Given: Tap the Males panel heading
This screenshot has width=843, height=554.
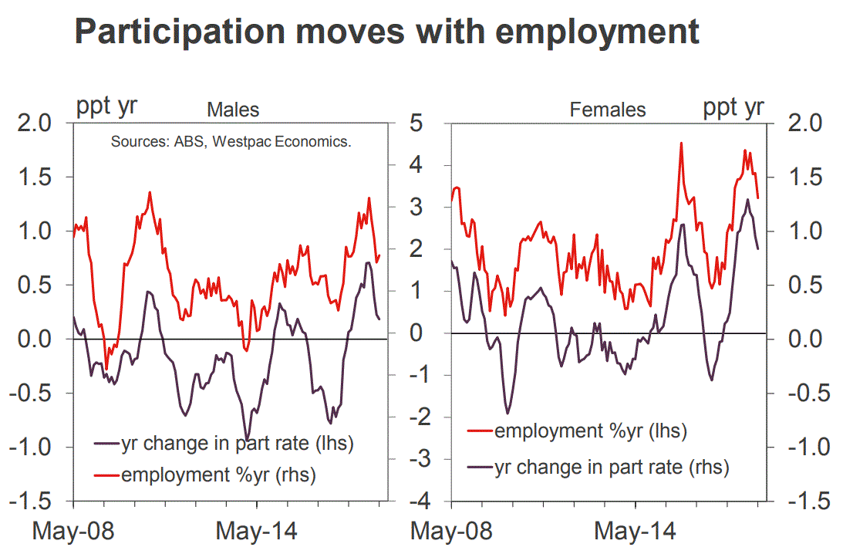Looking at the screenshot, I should pyautogui.click(x=233, y=110).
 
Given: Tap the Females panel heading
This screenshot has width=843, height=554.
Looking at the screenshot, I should pyautogui.click(x=608, y=110).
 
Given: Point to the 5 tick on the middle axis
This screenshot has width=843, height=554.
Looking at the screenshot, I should pyautogui.click(x=417, y=123).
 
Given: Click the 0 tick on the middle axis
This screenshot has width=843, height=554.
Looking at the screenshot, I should pyautogui.click(x=417, y=334).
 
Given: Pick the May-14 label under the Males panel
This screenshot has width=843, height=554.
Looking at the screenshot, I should pyautogui.click(x=254, y=532).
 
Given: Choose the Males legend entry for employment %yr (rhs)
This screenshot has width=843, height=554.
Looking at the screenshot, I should pyautogui.click(x=218, y=475).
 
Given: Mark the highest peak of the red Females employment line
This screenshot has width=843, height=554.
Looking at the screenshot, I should pyautogui.click(x=682, y=143).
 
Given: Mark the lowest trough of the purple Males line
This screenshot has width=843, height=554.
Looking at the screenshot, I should pyautogui.click(x=247, y=439).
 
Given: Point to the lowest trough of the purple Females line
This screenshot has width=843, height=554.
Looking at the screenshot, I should pyautogui.click(x=507, y=414).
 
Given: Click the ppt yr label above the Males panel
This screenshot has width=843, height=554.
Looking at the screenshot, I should pyautogui.click(x=106, y=106).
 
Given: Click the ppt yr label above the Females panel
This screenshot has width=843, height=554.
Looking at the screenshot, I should pyautogui.click(x=733, y=106).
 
